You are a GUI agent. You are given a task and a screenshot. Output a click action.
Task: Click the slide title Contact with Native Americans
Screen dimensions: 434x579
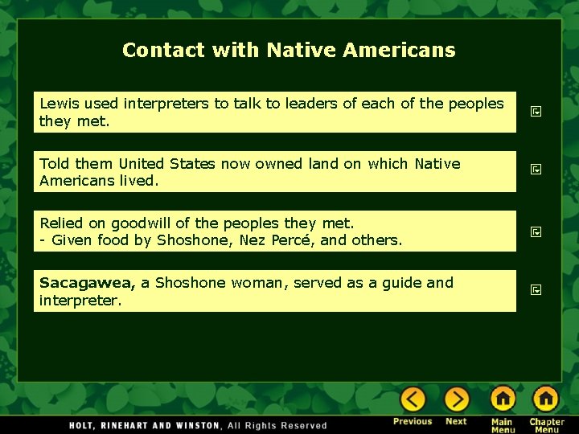pyautogui.click(x=289, y=50)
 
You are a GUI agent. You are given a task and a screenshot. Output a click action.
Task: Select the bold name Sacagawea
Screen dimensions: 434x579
pyautogui.click(x=88, y=283)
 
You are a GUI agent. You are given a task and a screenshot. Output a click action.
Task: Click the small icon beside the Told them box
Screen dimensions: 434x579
pyautogui.click(x=536, y=170)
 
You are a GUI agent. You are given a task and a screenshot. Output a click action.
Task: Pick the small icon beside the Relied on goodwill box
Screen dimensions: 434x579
pyautogui.click(x=536, y=231)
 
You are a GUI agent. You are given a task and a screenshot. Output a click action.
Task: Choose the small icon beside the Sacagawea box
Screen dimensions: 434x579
pyautogui.click(x=536, y=289)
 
